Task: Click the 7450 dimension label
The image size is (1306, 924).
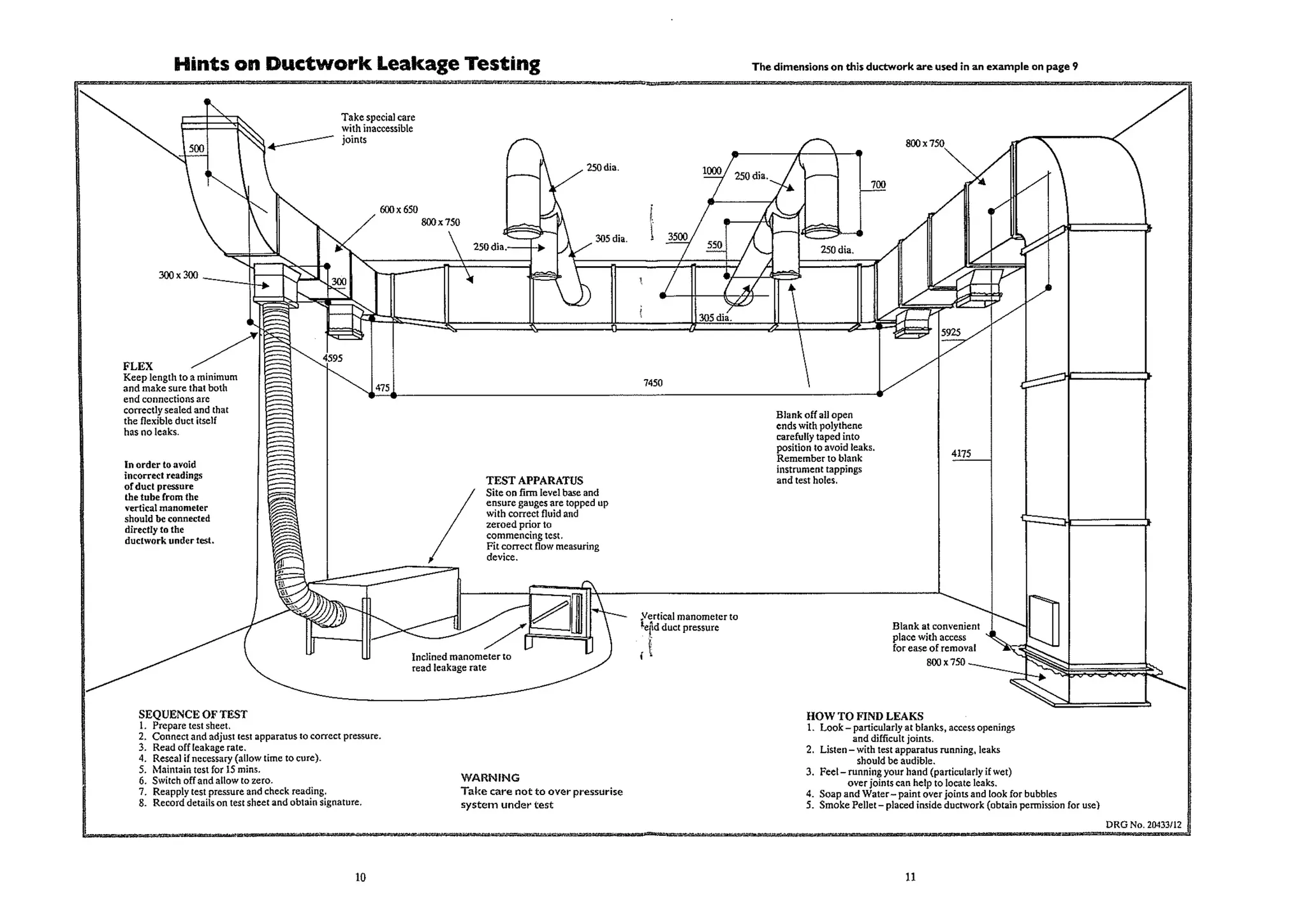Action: [x=652, y=383]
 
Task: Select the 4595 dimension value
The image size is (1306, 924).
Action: [x=332, y=358]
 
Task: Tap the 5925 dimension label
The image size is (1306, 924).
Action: [x=950, y=332]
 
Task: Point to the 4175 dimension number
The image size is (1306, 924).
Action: [x=961, y=454]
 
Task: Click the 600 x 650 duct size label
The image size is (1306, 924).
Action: [x=399, y=209]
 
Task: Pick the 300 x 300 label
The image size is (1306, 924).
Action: [x=178, y=275]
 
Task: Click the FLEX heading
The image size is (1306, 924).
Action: [x=138, y=366]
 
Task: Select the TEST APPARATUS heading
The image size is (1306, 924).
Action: [x=534, y=481]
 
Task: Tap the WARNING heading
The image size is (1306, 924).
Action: [x=490, y=777]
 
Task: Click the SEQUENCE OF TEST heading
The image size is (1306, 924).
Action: [x=193, y=714]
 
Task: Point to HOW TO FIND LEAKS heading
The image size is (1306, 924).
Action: [x=864, y=716]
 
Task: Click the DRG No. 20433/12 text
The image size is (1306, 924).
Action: [x=1143, y=824]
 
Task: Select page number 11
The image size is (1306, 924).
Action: [x=910, y=877]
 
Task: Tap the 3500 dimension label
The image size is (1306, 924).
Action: [x=677, y=237]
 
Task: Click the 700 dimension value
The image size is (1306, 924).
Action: [x=878, y=184]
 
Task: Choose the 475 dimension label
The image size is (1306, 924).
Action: [x=382, y=387]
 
